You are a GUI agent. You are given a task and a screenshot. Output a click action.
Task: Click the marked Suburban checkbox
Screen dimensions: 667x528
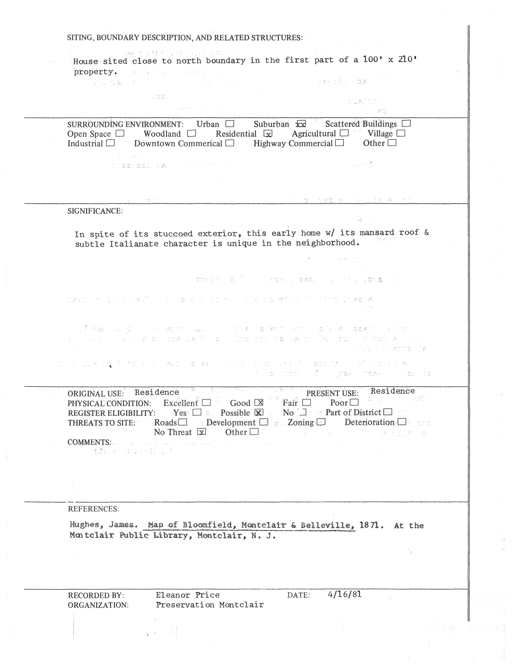pyautogui.click(x=301, y=124)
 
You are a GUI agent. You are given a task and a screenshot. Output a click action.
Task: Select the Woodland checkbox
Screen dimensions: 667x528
pyautogui.click(x=192, y=133)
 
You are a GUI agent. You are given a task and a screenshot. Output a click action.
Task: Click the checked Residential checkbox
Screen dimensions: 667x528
pyautogui.click(x=268, y=134)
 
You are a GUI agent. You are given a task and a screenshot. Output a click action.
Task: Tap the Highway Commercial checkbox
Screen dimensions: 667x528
pyautogui.click(x=340, y=143)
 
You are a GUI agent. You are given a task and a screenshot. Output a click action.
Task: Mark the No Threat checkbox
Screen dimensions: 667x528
pyautogui.click(x=201, y=432)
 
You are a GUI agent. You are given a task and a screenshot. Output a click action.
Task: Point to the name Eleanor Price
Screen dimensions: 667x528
pyautogui.click(x=188, y=595)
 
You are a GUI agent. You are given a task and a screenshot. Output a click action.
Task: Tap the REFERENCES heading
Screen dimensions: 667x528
pyautogui.click(x=93, y=509)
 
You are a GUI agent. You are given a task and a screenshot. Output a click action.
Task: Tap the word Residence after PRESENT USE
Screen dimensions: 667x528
pyautogui.click(x=393, y=391)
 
